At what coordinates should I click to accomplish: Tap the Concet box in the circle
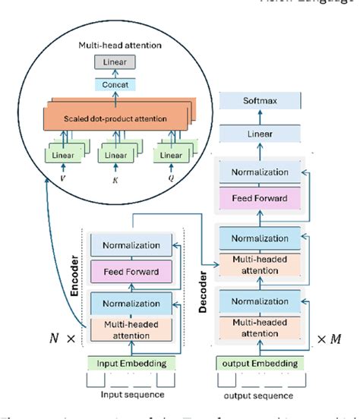[116, 85]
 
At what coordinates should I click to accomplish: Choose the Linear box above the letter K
[115, 156]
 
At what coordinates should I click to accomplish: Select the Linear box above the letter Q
[168, 156]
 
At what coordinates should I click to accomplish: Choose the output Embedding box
[260, 363]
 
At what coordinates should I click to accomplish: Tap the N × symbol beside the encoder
[60, 335]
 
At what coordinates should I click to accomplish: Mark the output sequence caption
[260, 395]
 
